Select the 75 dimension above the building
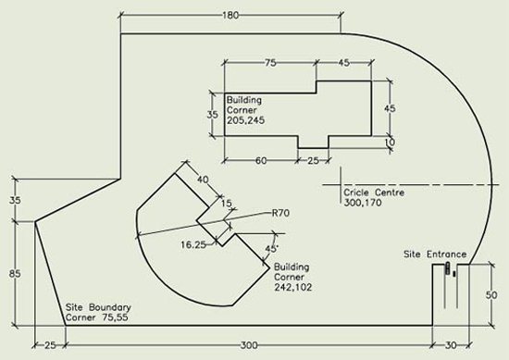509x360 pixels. (270, 64)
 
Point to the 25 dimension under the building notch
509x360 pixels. (314, 160)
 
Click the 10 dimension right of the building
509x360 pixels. (390, 141)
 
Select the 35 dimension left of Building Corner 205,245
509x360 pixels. (211, 116)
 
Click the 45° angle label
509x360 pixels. (269, 249)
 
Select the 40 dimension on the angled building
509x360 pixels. (204, 180)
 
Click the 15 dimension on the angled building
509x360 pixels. (225, 203)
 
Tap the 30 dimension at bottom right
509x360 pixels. (451, 345)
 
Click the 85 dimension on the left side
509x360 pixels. (14, 274)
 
